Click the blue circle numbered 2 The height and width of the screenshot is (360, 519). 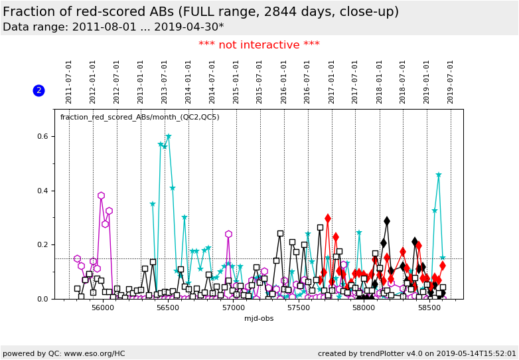38,90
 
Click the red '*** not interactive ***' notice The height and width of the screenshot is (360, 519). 259,45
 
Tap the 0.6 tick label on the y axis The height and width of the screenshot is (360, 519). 41,137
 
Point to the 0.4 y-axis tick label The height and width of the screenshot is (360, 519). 41,191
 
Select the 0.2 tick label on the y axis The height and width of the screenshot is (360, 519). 41,245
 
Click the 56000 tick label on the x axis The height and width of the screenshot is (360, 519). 102,308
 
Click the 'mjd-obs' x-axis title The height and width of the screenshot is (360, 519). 258,318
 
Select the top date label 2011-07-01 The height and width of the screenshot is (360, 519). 69,82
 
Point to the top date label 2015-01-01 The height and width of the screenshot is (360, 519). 236,82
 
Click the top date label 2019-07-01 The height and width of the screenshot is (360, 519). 451,82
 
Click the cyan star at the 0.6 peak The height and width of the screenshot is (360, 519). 169,137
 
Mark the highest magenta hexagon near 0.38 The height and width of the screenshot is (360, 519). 101,195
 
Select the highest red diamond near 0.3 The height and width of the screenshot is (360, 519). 328,218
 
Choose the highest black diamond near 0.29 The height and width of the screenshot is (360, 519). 387,221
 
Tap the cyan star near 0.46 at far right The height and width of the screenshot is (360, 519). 439,175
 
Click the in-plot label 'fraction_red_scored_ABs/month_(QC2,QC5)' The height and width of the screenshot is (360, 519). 139,118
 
